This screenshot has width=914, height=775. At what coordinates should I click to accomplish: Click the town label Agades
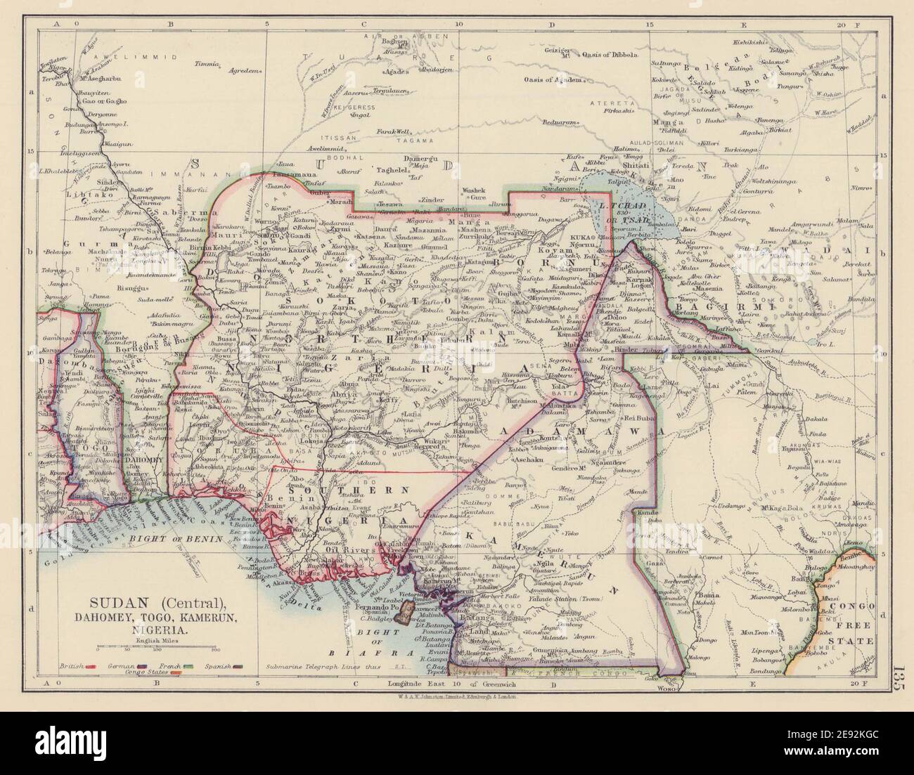coord(389,73)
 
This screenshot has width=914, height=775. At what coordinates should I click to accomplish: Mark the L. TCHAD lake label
coord(613,204)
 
